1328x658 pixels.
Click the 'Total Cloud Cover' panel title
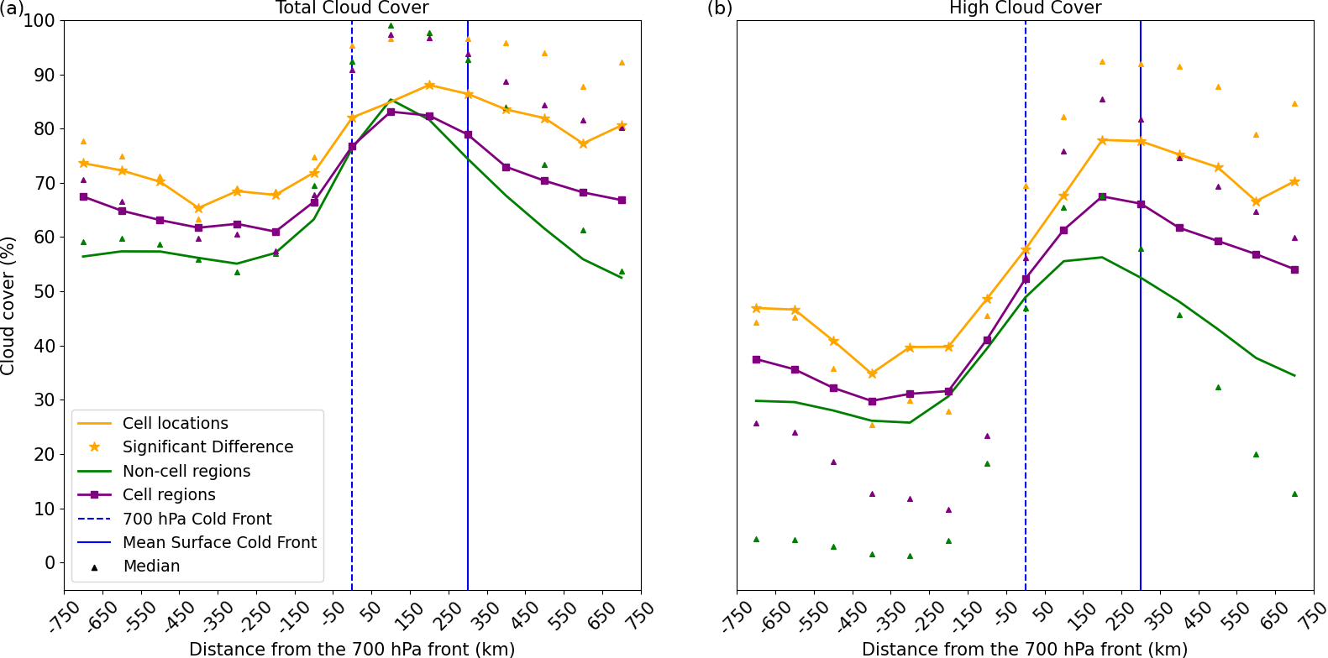(352, 8)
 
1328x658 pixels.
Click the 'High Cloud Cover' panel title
(1025, 8)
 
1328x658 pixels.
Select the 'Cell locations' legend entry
(175, 423)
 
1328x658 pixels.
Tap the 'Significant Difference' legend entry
(207, 446)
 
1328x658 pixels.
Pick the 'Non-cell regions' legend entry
(186, 471)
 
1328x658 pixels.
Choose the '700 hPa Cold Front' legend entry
(197, 519)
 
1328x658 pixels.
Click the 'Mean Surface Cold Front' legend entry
(219, 542)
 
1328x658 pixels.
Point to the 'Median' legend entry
(151, 566)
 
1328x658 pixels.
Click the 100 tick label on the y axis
(39, 21)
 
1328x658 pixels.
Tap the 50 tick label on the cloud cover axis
(44, 292)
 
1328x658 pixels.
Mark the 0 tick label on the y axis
(50, 563)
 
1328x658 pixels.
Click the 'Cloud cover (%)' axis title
(8, 305)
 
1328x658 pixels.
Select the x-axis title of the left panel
(352, 649)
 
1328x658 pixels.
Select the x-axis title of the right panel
(1025, 649)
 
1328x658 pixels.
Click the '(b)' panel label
(719, 8)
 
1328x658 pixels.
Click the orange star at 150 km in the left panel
(429, 85)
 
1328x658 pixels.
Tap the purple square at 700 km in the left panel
(622, 200)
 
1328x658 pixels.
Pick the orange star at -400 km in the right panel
(872, 373)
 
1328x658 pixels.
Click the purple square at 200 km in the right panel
(1102, 196)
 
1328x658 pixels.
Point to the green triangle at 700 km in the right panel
(1294, 493)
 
